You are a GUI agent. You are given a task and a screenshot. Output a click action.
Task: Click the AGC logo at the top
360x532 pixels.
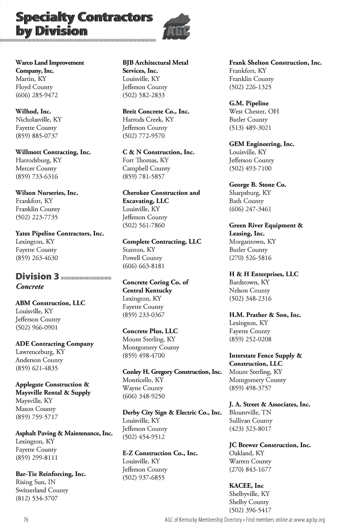pos(176,27)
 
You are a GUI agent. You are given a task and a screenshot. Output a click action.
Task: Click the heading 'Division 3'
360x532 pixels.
pos(37,277)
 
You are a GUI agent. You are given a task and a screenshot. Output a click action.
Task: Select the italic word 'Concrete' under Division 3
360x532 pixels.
pos(30,287)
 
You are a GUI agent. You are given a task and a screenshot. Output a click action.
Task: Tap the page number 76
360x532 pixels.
pos(26,520)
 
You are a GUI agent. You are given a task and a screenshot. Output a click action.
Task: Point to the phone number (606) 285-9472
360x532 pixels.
pos(37,95)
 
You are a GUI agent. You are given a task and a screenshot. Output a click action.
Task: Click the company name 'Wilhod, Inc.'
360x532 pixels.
pos(33,111)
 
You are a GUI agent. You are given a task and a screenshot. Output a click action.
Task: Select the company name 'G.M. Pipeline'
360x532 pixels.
pos(249,103)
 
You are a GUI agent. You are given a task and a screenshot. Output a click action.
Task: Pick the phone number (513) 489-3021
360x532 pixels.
pos(250,128)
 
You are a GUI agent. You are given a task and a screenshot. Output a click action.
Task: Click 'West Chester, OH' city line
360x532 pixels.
pos(254,111)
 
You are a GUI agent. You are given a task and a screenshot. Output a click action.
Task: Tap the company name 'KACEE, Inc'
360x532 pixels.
pos(246,486)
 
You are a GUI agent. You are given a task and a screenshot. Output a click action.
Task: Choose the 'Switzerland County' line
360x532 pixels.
pos(42,490)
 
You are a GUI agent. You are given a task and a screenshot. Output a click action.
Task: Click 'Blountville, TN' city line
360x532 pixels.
pos(250,412)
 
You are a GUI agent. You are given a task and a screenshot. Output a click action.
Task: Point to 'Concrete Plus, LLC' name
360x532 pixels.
pos(150,331)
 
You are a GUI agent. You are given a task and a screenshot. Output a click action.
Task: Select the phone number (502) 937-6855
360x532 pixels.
pos(143,477)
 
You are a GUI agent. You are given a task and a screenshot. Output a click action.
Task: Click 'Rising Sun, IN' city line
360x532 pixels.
pos(36,482)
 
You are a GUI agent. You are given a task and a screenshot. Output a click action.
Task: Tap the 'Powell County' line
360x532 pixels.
pos(142,258)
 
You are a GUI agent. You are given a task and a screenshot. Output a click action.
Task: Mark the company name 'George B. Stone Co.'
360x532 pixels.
pos(257,185)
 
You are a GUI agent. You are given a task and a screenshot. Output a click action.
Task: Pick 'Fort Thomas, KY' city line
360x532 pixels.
pos(146,160)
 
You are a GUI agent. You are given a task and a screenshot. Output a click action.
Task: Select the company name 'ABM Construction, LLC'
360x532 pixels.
pos(50,303)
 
